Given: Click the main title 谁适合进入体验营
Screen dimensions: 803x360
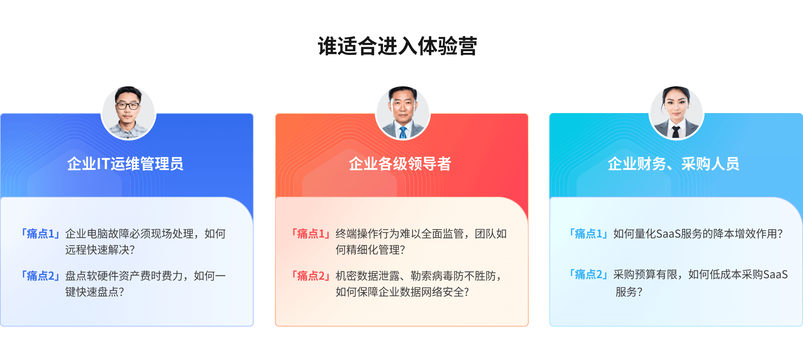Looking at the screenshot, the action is (x=397, y=46).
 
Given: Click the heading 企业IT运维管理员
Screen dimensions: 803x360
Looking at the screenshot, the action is (x=125, y=164).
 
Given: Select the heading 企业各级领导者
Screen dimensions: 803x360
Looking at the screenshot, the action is (x=400, y=164).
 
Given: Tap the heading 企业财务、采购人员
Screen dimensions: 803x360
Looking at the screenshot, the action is (x=674, y=164).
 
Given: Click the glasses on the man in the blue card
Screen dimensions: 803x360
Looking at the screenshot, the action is (x=127, y=106).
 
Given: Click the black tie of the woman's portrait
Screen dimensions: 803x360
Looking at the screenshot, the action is (x=676, y=132).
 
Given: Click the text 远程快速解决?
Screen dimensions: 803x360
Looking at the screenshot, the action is (x=100, y=250).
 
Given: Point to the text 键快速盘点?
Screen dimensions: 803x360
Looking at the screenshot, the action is (x=95, y=292).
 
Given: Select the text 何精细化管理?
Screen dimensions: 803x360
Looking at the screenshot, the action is (x=370, y=250).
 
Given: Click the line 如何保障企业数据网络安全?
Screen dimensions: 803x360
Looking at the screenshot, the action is (x=402, y=292).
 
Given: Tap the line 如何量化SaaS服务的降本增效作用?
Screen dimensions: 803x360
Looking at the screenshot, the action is (x=698, y=234).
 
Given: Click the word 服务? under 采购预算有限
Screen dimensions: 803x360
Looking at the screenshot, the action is (x=629, y=292).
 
